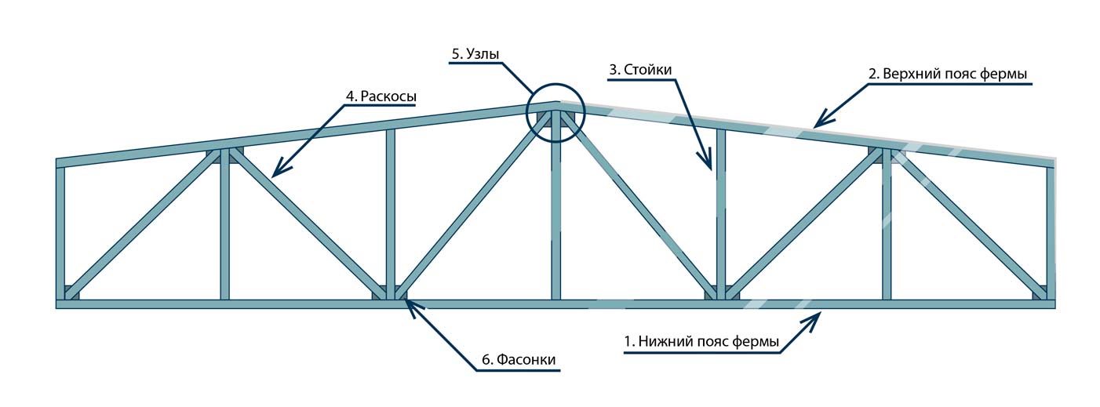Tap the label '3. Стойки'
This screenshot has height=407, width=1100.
point(640,69)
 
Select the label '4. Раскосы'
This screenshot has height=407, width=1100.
point(381,96)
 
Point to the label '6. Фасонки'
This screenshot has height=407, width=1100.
point(519,360)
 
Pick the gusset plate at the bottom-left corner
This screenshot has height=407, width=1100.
point(71,292)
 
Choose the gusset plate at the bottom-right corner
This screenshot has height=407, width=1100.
point(1040,292)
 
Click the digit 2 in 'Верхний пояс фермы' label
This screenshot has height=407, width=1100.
point(872,74)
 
